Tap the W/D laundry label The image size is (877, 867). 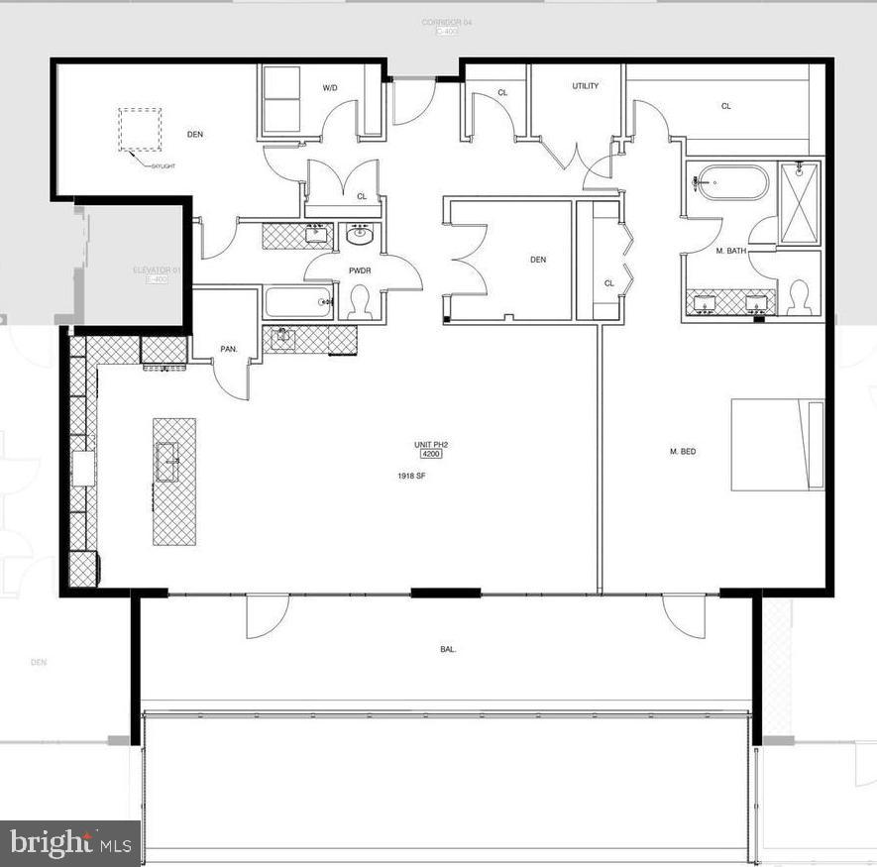click(330, 88)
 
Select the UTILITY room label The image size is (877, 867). click(586, 86)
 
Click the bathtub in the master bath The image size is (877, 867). click(731, 183)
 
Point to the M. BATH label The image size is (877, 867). click(731, 252)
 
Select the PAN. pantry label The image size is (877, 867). click(229, 322)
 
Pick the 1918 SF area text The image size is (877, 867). click(411, 476)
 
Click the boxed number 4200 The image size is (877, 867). click(431, 455)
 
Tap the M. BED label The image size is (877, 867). click(683, 452)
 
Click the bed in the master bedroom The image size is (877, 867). click(778, 445)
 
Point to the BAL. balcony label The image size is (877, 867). click(448, 650)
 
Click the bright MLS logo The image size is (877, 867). click(68, 844)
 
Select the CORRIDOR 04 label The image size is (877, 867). click(442, 22)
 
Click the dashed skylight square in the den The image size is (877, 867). click(140, 129)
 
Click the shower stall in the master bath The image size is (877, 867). click(799, 201)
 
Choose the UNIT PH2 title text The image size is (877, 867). click(432, 445)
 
